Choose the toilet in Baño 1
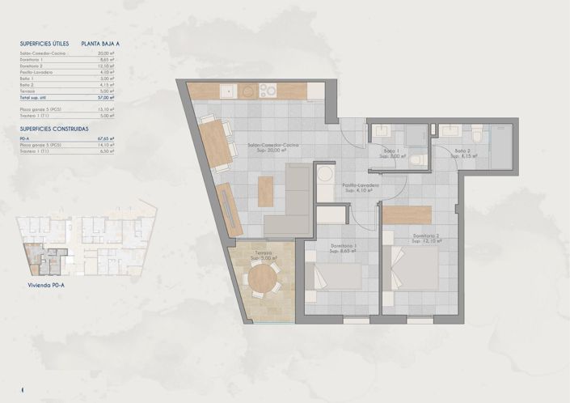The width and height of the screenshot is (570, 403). point(416,160)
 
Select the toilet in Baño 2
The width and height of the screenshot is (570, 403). point(478,134)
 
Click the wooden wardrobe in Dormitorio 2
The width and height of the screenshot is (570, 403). point(407,214)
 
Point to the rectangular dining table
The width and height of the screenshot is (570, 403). point(216,144)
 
